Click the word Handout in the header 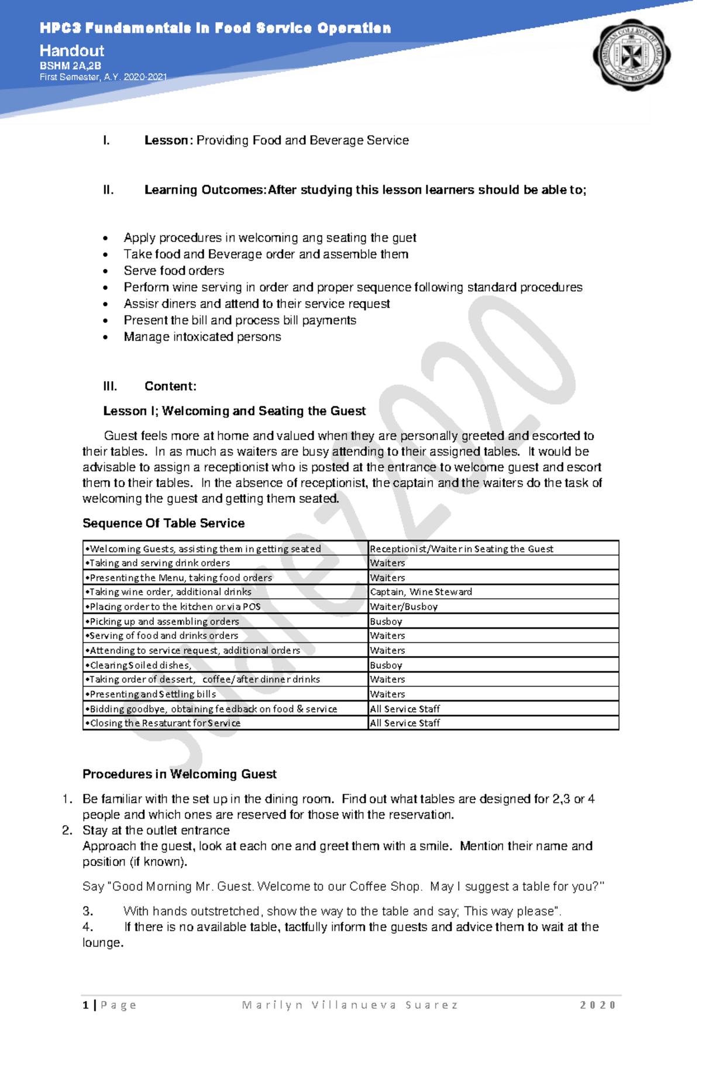tap(72, 51)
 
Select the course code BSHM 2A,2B tap(70, 66)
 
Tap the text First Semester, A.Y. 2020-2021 tap(103, 77)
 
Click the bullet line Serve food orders tap(174, 271)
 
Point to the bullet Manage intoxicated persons tap(202, 337)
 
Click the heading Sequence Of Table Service tap(163, 523)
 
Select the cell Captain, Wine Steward tap(421, 592)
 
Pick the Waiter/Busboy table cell tap(404, 606)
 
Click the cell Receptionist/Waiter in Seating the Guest tap(462, 548)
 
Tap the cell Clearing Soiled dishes tap(140, 665)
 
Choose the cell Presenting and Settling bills tap(153, 694)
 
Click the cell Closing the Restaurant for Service tap(165, 723)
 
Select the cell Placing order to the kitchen tap(175, 606)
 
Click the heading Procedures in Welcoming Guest tap(179, 774)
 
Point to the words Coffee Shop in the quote tap(384, 886)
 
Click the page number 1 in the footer tap(86, 1005)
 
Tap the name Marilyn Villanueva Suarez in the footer tap(350, 1005)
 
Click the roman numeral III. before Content tap(110, 387)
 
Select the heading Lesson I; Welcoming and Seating tap(234, 411)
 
